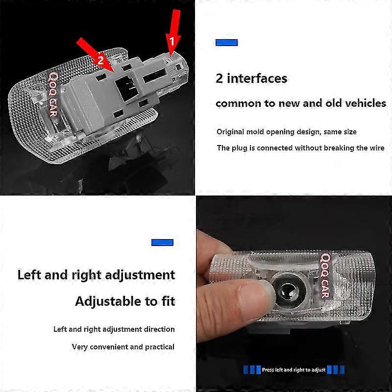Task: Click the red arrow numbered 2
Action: tap(96, 55)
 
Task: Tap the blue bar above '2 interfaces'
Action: tap(226, 43)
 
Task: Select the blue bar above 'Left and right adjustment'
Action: tap(162, 242)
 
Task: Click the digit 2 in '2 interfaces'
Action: tap(219, 78)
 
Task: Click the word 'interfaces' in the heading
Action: tap(257, 78)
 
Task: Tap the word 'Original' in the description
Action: tap(230, 132)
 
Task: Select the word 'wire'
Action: tap(376, 148)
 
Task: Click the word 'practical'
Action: tap(160, 347)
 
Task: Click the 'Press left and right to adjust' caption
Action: tap(294, 369)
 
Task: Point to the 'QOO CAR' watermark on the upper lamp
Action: tap(53, 95)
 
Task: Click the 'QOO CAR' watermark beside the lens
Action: tap(325, 276)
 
